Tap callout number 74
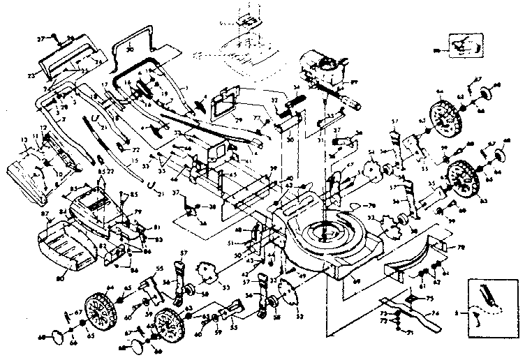click(436, 314)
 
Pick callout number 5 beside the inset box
click(456, 315)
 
